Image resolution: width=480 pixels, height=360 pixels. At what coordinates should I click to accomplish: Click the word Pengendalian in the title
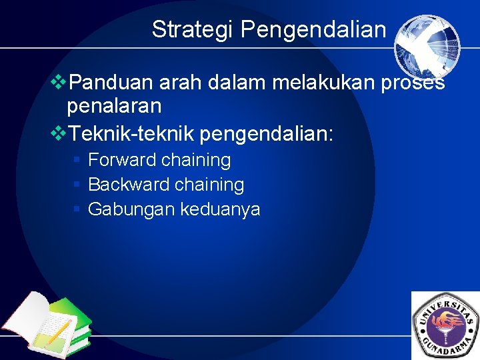point(313,30)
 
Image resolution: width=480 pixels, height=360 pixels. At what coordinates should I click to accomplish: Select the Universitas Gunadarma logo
point(446,326)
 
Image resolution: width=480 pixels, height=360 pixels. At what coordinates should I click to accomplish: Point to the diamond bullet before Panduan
point(59,82)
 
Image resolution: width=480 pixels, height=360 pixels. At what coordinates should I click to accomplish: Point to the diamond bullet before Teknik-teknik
point(59,133)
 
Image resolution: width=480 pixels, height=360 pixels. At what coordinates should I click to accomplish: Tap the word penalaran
point(114,105)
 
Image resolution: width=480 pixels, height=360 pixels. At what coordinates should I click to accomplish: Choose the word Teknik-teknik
point(131,134)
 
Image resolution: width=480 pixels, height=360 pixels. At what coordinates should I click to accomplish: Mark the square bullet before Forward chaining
point(77,160)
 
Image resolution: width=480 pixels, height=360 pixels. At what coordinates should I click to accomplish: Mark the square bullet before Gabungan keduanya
point(77,209)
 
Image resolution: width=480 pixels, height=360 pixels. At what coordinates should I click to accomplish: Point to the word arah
point(179,83)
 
